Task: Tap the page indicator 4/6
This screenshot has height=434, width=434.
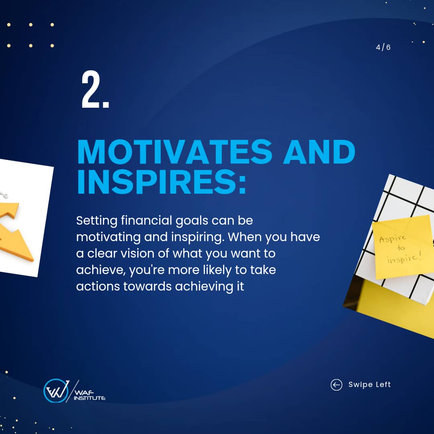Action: [x=383, y=47]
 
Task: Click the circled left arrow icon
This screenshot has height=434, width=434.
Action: [x=336, y=385]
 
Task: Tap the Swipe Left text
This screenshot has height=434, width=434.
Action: [x=370, y=385]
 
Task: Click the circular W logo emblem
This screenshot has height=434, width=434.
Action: [x=56, y=391]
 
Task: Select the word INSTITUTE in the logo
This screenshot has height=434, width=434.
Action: [x=90, y=398]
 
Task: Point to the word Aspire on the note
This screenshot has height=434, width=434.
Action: [x=393, y=238]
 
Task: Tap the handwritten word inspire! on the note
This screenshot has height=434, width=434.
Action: [x=404, y=258]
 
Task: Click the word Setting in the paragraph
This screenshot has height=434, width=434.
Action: [x=97, y=221]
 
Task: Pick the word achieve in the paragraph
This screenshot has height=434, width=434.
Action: [x=100, y=270]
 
